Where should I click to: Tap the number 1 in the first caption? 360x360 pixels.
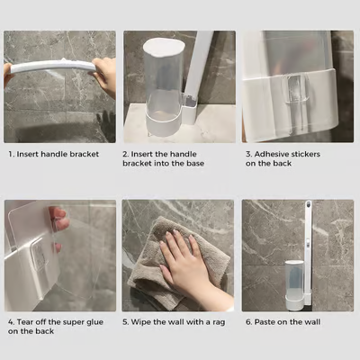10,153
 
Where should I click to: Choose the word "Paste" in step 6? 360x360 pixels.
267,321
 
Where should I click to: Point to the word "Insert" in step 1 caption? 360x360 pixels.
31,153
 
